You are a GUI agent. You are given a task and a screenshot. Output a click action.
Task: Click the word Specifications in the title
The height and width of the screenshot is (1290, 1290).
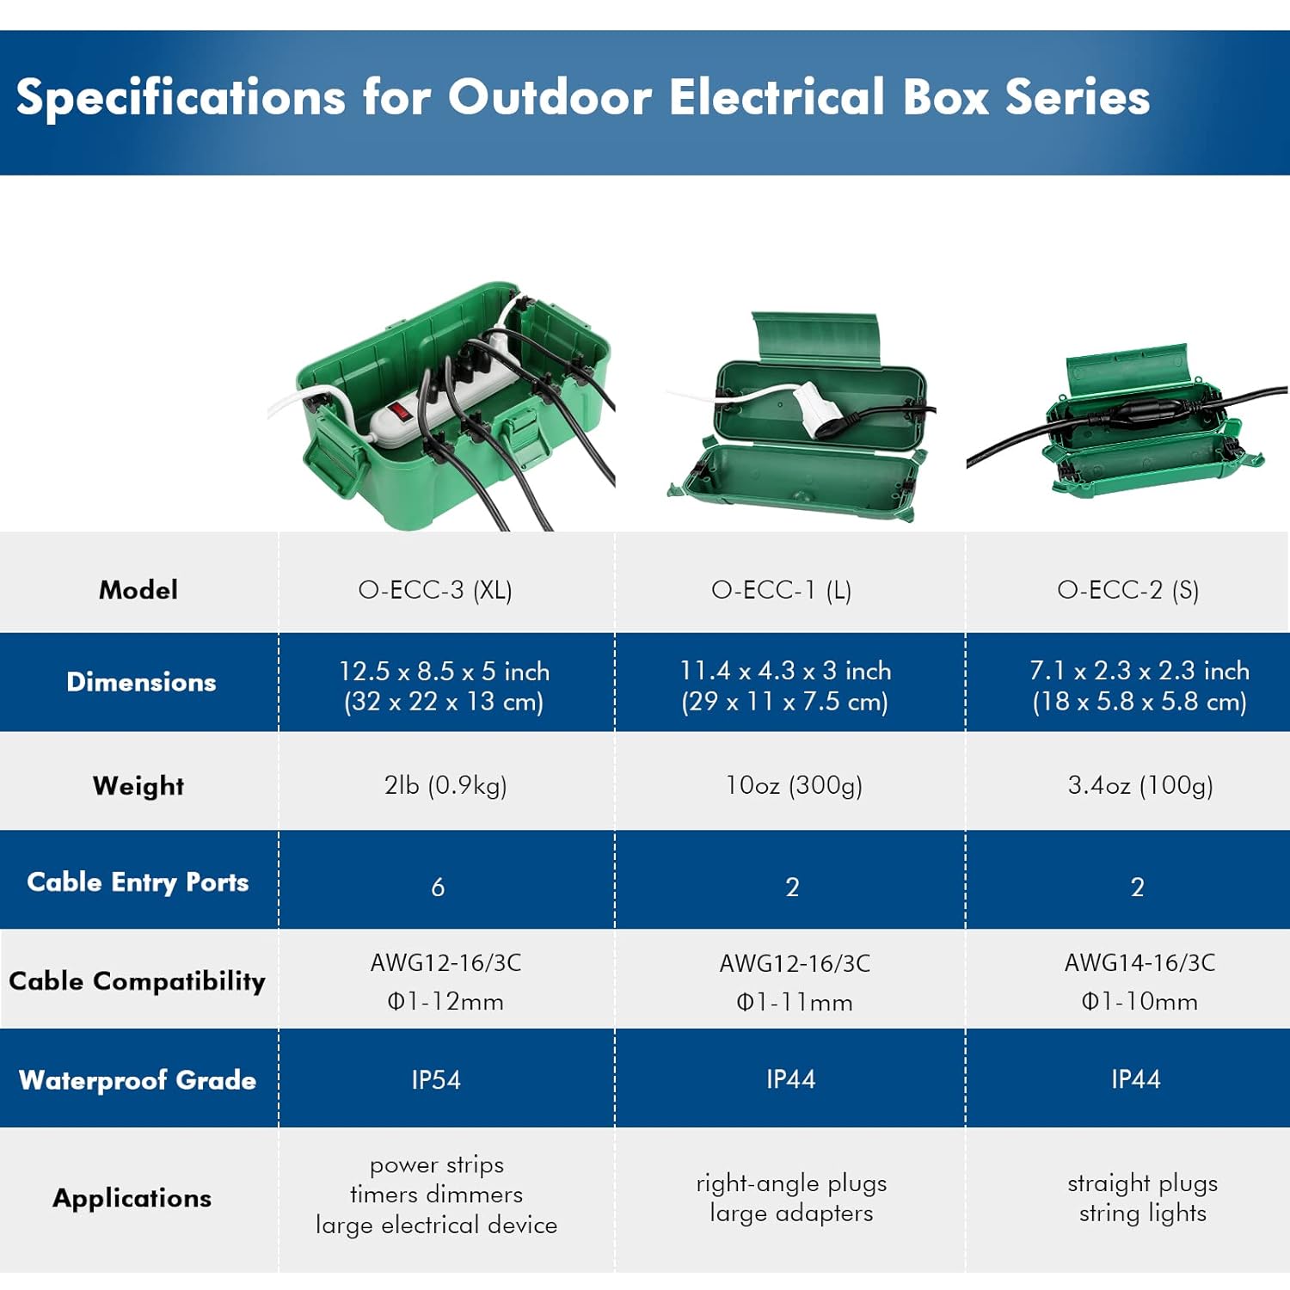click(x=181, y=96)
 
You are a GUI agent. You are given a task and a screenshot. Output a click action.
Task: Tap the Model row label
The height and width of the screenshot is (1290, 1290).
click(x=138, y=590)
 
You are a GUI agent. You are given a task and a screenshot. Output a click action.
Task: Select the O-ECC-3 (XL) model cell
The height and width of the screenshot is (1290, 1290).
click(x=435, y=590)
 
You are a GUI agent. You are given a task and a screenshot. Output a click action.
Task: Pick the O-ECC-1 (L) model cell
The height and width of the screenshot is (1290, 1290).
click(x=781, y=590)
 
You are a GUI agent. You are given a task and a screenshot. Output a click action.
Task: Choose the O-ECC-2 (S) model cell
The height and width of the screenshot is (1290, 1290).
click(x=1127, y=590)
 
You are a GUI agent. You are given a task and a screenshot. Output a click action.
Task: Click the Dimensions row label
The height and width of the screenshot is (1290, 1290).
click(x=141, y=682)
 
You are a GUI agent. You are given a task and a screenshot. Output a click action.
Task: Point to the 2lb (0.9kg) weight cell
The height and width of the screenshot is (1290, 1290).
click(x=445, y=785)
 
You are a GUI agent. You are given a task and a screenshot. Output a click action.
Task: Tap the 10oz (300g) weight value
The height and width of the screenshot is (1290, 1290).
click(x=794, y=785)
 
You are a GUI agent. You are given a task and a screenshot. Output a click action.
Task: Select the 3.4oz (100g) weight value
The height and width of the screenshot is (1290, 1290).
click(x=1140, y=785)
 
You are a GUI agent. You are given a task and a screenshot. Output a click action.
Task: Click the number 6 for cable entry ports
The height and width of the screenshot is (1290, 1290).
click(x=438, y=887)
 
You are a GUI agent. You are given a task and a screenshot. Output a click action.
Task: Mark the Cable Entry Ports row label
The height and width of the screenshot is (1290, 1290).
click(x=138, y=882)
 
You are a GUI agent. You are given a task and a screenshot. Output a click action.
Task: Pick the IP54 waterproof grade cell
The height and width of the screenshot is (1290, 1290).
click(x=436, y=1080)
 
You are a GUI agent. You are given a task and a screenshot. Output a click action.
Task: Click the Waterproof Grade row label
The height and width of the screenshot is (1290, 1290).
click(x=138, y=1080)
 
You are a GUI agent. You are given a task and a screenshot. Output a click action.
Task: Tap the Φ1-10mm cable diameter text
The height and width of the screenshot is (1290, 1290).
click(x=1139, y=1002)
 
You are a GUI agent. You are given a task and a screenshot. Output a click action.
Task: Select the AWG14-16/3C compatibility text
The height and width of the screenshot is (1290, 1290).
click(x=1139, y=962)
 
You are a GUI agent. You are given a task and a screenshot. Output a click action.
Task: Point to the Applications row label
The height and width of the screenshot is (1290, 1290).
click(x=132, y=1198)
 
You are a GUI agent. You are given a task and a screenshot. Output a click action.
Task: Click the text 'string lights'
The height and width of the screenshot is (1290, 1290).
click(x=1143, y=1213)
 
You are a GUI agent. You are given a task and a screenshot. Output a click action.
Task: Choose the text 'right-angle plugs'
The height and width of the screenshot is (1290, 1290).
click(x=791, y=1183)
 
